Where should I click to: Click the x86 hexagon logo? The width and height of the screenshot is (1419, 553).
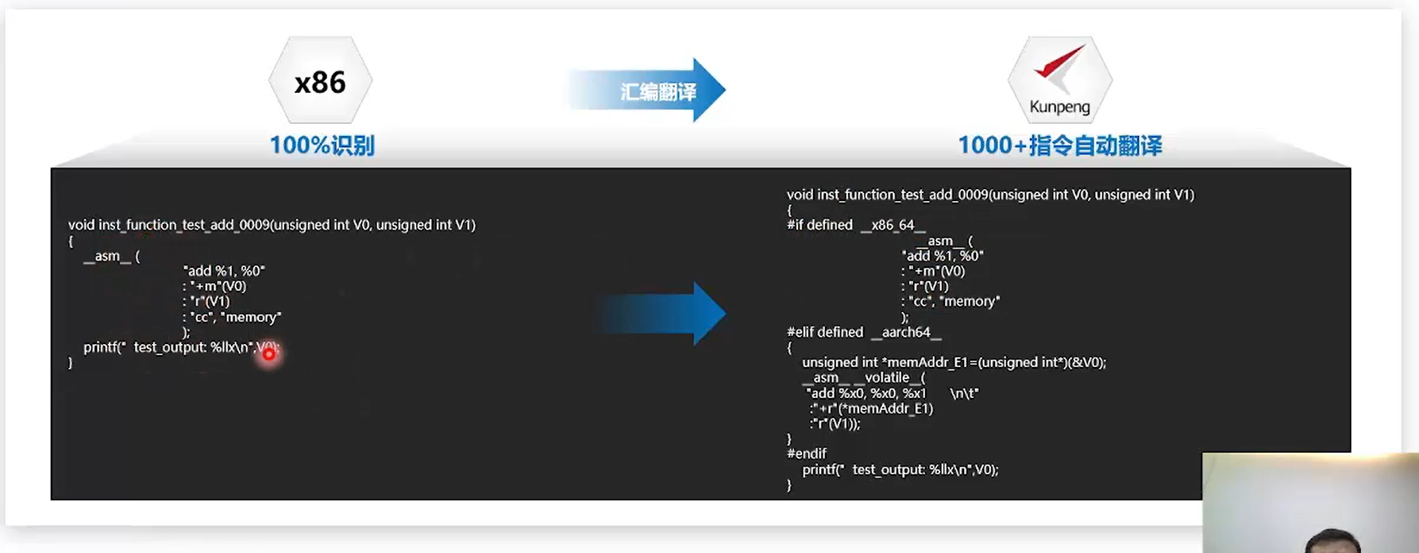pyautogui.click(x=320, y=81)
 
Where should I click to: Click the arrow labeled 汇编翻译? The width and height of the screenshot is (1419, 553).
pyautogui.click(x=647, y=91)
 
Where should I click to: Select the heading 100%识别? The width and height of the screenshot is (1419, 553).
pyautogui.click(x=322, y=145)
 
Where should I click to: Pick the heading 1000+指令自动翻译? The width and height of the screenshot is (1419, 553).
pyautogui.click(x=1059, y=145)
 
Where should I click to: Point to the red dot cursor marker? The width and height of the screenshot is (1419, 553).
pyautogui.click(x=269, y=354)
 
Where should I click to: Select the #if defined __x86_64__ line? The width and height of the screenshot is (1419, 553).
pyautogui.click(x=856, y=225)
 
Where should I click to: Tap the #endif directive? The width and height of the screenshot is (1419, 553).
pyautogui.click(x=807, y=454)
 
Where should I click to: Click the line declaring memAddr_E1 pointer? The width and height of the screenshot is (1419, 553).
pyautogui.click(x=954, y=362)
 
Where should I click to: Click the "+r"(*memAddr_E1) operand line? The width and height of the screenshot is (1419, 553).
pyautogui.click(x=872, y=408)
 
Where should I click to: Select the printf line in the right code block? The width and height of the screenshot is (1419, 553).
pyautogui.click(x=900, y=470)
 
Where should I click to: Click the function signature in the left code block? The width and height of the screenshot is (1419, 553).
pyautogui.click(x=272, y=225)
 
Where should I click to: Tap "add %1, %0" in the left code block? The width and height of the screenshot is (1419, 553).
pyautogui.click(x=224, y=271)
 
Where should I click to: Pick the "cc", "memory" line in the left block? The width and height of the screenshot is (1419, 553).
pyautogui.click(x=232, y=317)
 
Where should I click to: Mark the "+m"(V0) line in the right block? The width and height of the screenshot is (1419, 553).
pyautogui.click(x=934, y=271)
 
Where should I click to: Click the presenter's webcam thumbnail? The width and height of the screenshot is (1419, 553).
pyautogui.click(x=1310, y=503)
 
